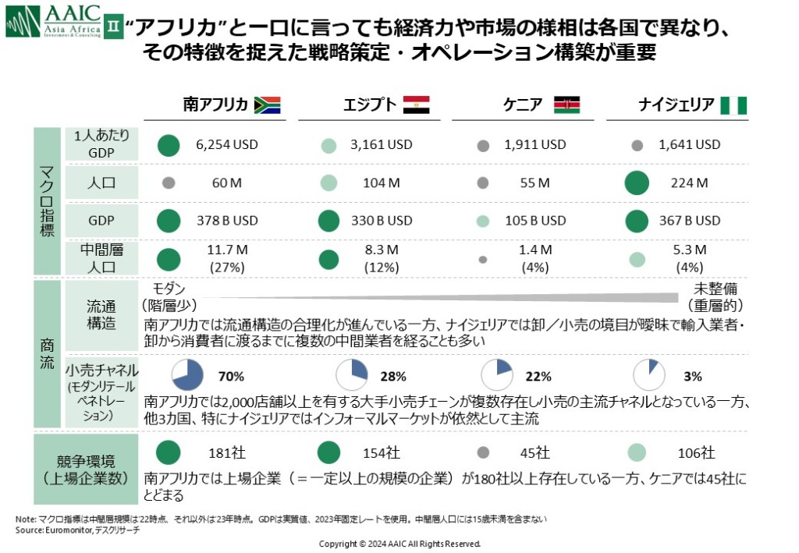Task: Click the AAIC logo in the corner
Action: [52, 21]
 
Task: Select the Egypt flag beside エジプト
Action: [416, 105]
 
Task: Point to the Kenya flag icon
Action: [566, 105]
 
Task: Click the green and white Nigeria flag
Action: [733, 105]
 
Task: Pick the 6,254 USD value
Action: [227, 145]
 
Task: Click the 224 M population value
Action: [689, 183]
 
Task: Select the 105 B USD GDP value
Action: [534, 221]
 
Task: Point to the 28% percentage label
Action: [393, 377]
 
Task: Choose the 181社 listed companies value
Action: [227, 453]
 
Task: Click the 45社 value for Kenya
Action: [534, 453]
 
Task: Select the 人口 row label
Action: [101, 183]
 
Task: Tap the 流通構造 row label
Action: [101, 314]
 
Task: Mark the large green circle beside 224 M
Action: [637, 183]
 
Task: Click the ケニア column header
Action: [524, 105]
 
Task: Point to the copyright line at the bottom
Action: [399, 544]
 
